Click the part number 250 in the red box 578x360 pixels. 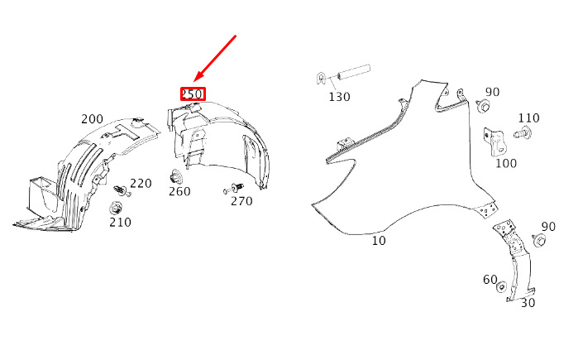[x=193, y=94]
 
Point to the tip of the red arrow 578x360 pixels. [x=193, y=81]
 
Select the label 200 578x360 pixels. [x=92, y=119]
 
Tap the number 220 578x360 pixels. [x=141, y=184]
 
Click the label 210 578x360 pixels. [x=120, y=222]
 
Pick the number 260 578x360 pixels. [x=179, y=191]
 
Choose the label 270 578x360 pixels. [x=241, y=201]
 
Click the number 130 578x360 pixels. [x=339, y=97]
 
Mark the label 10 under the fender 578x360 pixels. [x=379, y=241]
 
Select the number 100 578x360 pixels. [x=506, y=163]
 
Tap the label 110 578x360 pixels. [x=528, y=118]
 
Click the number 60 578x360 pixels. [x=490, y=280]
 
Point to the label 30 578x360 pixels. [x=528, y=303]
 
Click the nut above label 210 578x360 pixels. [x=116, y=209]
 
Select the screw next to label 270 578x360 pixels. [x=234, y=188]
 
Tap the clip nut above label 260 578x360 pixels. [x=176, y=177]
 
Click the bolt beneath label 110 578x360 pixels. [x=523, y=132]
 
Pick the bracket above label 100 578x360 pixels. [x=494, y=142]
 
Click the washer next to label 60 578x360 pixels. [x=501, y=287]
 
